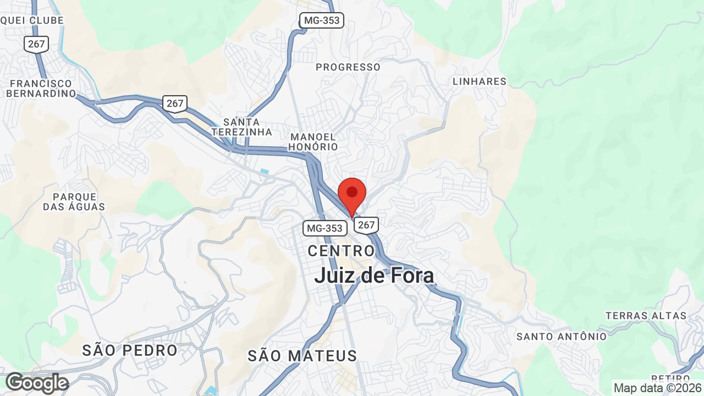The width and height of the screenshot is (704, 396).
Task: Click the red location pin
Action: point(352,194)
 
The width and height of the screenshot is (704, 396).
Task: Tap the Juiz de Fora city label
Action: point(374,276)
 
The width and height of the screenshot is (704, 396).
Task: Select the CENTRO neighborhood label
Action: point(341,251)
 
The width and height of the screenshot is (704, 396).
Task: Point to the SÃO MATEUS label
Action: point(302,355)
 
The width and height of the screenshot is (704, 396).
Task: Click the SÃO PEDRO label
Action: point(130,350)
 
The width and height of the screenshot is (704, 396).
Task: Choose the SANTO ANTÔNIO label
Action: point(562,336)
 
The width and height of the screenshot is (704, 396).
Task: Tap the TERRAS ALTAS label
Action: point(646,316)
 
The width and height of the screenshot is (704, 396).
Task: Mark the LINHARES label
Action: point(479,81)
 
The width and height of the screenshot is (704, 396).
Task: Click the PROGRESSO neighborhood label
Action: point(348,67)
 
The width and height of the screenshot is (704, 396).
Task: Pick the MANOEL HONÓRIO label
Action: point(312,142)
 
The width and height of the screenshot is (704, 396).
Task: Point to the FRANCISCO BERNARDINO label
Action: point(40,89)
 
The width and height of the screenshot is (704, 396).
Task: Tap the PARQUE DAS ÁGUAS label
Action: point(74,202)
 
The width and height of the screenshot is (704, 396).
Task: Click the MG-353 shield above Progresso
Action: point(322,21)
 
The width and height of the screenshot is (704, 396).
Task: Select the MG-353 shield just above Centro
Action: point(324,228)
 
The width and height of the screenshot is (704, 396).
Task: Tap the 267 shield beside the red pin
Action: point(366,224)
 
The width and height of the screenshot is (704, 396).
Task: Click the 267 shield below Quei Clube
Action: point(36,44)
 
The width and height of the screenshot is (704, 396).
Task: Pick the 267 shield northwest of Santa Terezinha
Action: point(175,103)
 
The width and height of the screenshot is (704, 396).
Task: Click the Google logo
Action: point(37,383)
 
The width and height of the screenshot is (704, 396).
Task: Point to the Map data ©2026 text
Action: point(657,388)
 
